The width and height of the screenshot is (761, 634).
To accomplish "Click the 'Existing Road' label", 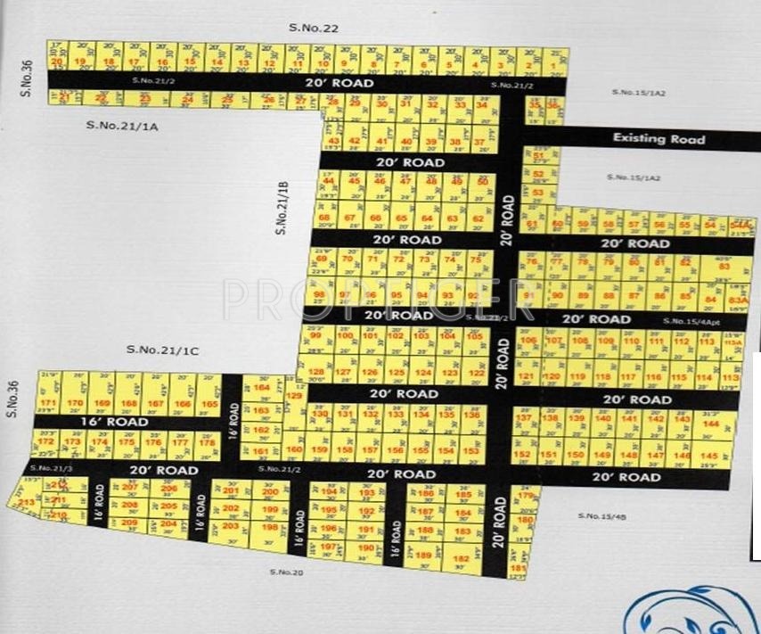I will pos(659,138).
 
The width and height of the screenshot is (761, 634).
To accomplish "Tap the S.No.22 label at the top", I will pos(314,29).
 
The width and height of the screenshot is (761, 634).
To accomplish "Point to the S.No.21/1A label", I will pos(122,125).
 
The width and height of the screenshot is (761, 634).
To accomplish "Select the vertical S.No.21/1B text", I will pos(282,207).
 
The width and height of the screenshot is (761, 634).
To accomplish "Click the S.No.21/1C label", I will pos(162,350).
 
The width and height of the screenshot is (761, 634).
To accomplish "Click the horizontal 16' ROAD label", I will pos(112,420).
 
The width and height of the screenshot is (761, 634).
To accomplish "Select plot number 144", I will pos(710,424).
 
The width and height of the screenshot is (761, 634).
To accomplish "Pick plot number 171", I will pos(48,403).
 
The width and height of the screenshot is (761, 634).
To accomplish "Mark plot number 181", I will pos(519,568).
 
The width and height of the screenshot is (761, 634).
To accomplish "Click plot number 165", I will pos(209,404).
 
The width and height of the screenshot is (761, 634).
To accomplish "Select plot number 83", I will pos(724,267).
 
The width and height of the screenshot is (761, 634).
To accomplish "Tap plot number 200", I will pos(271,490).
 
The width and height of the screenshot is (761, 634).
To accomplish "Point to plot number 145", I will pos(710,456).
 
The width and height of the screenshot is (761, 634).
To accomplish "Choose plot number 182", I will pos(461,558).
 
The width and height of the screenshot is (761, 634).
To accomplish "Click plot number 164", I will pos(261,388).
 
